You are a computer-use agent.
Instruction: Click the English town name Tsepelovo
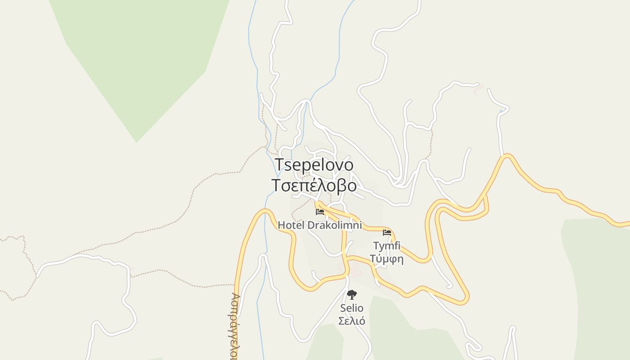pos(314,165)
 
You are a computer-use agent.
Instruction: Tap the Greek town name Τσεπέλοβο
pos(314,185)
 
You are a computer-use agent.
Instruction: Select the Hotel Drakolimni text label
pos(319,225)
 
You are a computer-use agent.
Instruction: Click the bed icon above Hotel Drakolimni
pos(320,211)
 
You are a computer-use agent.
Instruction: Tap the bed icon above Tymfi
pos(387,233)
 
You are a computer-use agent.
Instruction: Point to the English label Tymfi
pos(387,246)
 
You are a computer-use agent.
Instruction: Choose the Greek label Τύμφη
pos(387,259)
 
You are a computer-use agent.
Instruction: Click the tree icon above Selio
pos(352,295)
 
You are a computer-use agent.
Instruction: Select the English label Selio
pos(351,308)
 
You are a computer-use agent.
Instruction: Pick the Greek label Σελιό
pos(351,321)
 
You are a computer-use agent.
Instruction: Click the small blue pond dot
pos(501,111)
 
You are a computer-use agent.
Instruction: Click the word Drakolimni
pos(334,225)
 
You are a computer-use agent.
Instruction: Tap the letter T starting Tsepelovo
pos(279,165)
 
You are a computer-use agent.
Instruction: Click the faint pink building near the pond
pos(478,89)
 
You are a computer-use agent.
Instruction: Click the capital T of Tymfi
pos(376,246)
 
